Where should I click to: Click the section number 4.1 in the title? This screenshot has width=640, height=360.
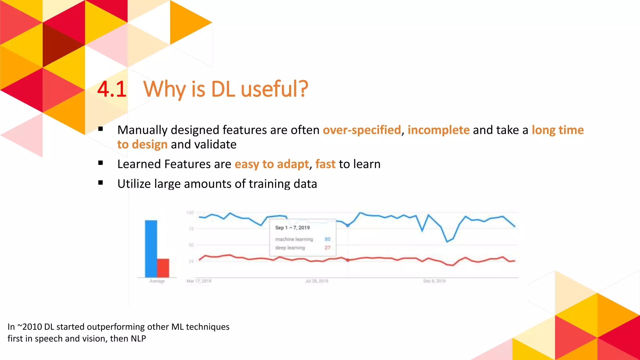click(112, 89)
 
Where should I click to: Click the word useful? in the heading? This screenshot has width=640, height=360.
click(274, 89)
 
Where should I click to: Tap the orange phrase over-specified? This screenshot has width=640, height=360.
click(362, 130)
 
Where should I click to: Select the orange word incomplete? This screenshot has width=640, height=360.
click(438, 130)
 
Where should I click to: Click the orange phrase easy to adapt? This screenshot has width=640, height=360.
click(272, 164)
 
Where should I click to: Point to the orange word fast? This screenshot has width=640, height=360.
click(325, 164)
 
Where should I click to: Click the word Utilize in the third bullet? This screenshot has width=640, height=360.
click(134, 184)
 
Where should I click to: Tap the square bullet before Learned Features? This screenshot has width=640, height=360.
click(101, 163)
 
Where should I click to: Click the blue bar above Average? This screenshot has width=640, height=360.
click(151, 248)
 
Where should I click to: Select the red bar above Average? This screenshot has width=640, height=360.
click(163, 268)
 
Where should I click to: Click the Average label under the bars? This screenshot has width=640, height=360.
click(157, 281)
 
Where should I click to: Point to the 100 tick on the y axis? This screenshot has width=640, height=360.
click(190, 212)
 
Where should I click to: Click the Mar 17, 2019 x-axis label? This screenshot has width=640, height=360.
click(199, 281)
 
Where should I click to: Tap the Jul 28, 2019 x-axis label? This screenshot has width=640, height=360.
click(317, 281)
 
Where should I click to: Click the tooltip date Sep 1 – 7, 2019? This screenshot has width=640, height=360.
click(292, 228)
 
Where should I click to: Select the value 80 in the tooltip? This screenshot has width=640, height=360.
click(327, 239)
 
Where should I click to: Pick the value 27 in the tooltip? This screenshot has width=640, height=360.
click(327, 248)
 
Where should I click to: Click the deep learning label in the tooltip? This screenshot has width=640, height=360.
click(290, 248)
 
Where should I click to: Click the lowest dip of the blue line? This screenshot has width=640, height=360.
click(447, 242)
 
